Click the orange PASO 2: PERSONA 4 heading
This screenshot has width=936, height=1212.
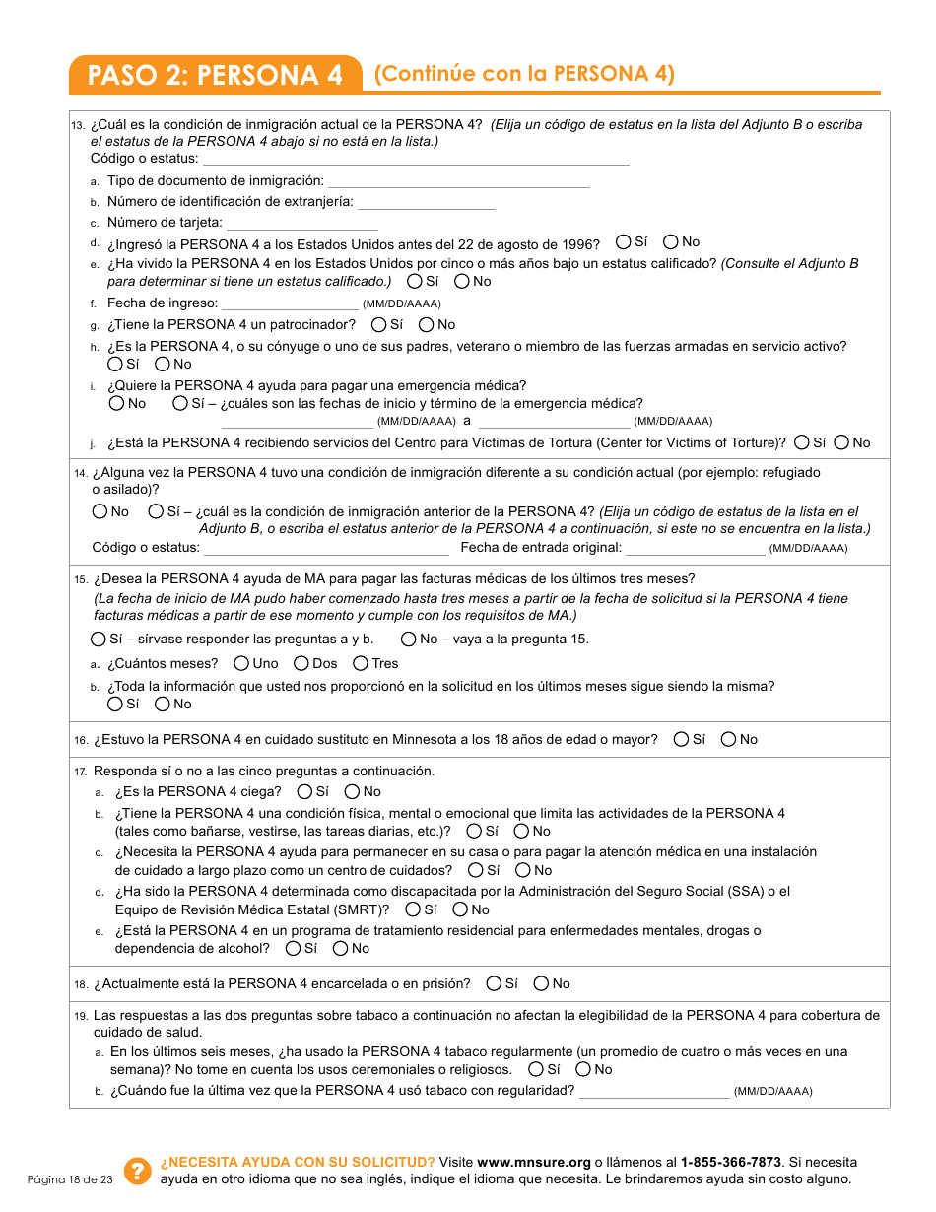coord(215,76)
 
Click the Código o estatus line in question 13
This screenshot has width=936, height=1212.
coord(415,159)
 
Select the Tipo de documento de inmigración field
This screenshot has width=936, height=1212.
coord(458,180)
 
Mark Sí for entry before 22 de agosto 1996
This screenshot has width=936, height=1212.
coord(624,241)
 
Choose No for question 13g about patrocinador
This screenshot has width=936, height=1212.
coord(427,324)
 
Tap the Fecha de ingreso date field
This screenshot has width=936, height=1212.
coord(290,303)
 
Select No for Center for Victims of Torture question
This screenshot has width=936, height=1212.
coord(841,442)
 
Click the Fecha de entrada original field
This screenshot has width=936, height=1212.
coord(695,548)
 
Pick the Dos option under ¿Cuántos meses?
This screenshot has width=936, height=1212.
coord(301,663)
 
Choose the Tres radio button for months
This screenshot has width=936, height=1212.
coord(361,663)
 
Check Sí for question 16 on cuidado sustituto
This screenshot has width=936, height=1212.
coord(682,739)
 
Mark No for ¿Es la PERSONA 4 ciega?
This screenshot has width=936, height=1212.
coord(352,791)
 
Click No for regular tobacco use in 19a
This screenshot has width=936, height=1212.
coord(583,1069)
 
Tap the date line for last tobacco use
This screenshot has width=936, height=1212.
coord(654,1091)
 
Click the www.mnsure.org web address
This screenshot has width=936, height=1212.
coord(533,1162)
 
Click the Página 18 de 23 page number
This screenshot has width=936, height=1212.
coord(70,1179)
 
